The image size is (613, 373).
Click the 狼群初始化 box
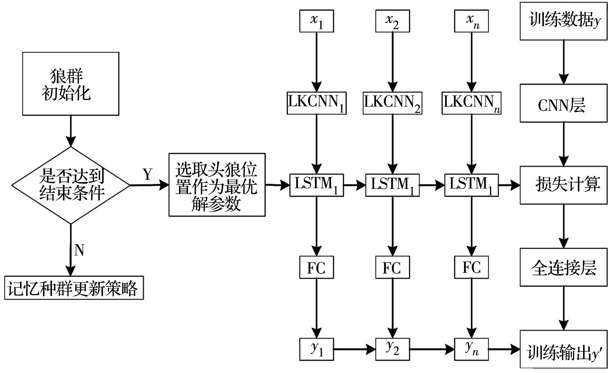pyautogui.click(x=71, y=83)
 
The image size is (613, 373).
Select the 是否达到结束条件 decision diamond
pyautogui.click(x=71, y=185)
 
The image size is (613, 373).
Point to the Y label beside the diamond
pyautogui.click(x=148, y=174)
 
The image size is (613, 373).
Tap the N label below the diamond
pyautogui.click(x=79, y=250)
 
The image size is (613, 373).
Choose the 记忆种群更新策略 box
pyautogui.click(x=74, y=288)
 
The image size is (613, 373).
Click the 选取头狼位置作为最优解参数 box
pyautogui.click(x=217, y=185)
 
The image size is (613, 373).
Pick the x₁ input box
pyautogui.click(x=317, y=21)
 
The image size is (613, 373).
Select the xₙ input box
pyautogui.click(x=471, y=21)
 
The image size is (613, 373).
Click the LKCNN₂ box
pyautogui.click(x=392, y=103)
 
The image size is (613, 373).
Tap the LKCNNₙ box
pyautogui.click(x=471, y=103)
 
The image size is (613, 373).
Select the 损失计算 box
pyautogui.click(x=563, y=185)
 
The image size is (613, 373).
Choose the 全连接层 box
pyautogui.click(x=563, y=267)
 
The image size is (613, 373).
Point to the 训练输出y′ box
pyautogui.click(x=563, y=349)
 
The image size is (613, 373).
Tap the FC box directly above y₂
pyautogui.click(x=392, y=267)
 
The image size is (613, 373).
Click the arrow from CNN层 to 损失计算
pyautogui.click(x=563, y=144)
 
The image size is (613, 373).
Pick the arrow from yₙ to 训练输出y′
pyautogui.click(x=504, y=349)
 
